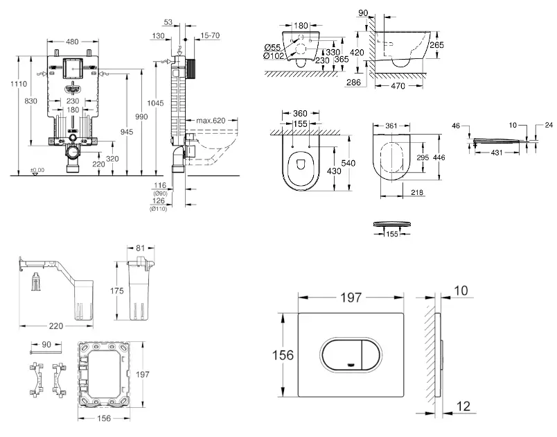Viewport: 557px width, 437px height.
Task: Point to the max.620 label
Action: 211,121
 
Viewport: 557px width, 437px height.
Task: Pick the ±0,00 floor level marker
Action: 37,169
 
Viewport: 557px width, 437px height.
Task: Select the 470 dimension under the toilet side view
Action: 397,87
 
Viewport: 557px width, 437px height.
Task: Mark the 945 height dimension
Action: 125,132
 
